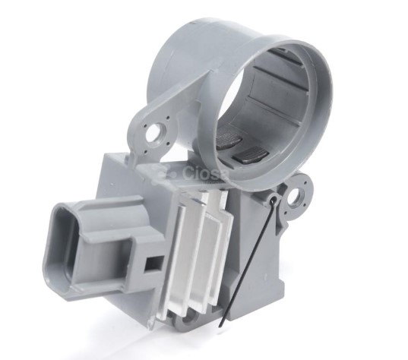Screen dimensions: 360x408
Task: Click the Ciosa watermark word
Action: coord(202,176)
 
